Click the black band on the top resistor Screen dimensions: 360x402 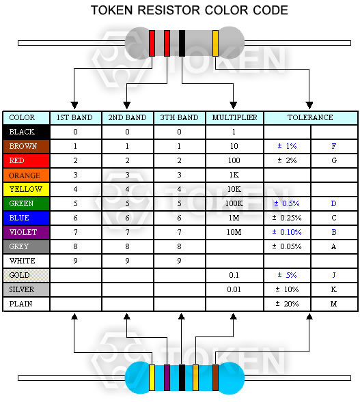coord(182,43)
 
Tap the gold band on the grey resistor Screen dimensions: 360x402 coord(216,43)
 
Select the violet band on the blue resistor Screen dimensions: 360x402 coord(167,377)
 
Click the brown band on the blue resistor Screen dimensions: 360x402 coord(216,377)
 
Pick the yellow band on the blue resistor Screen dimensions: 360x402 coord(152,377)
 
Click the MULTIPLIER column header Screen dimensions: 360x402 coord(234,117)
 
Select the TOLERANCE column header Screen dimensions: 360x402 coord(310,117)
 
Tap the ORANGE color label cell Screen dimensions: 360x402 coord(26,175)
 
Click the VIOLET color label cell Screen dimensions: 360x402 coord(26,232)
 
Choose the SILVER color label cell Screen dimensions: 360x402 coord(26,289)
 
